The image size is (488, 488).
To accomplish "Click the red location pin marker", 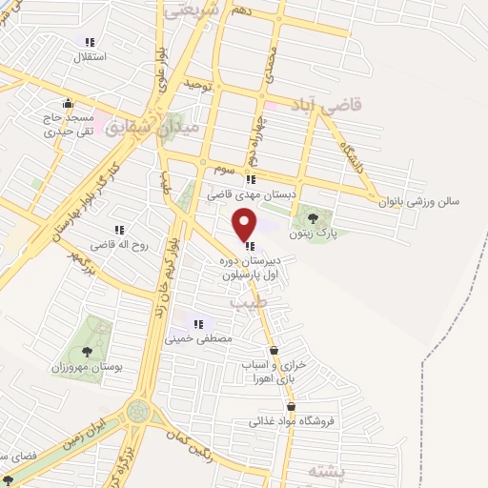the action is pyautogui.click(x=245, y=225).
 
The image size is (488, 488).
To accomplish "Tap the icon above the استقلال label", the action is pyautogui.click(x=90, y=42).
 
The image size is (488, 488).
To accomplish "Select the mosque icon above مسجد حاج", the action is pyautogui.click(x=66, y=104).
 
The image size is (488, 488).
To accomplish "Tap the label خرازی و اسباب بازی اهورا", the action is pyautogui.click(x=287, y=371).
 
